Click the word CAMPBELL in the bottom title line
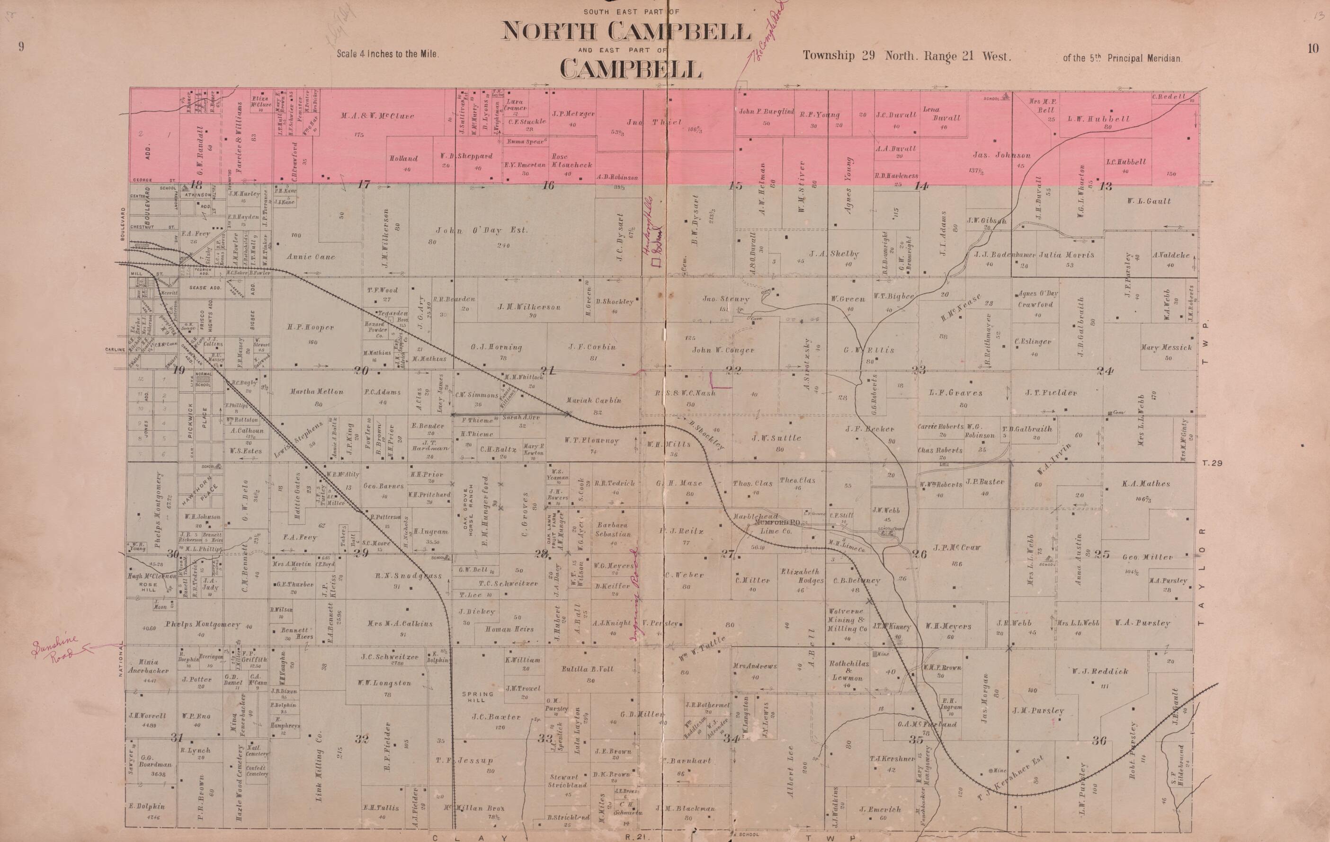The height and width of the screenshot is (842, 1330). coord(631,69)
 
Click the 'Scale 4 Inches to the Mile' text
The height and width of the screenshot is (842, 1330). coord(388,54)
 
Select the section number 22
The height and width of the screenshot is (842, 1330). coord(733,370)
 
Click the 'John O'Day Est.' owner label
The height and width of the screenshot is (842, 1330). coord(482,230)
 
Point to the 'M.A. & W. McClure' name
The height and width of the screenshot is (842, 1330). coord(377,116)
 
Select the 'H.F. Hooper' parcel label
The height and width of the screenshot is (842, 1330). coord(311,328)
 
